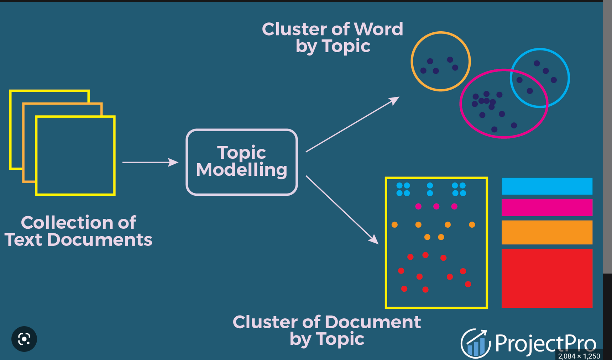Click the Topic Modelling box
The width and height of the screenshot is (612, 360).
click(x=241, y=162)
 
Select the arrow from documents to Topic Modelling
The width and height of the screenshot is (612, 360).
click(x=150, y=162)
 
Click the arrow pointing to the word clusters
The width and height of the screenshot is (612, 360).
click(x=352, y=124)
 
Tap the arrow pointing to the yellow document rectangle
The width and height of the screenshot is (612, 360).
click(x=342, y=210)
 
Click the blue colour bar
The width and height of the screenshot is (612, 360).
click(x=547, y=186)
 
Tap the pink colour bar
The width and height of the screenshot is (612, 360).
click(x=547, y=207)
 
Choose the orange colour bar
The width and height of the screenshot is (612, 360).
click(x=547, y=232)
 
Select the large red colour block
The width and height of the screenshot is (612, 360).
click(x=547, y=278)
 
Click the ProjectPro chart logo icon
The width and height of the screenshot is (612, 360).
click(x=476, y=343)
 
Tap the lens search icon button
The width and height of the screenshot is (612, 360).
click(x=24, y=339)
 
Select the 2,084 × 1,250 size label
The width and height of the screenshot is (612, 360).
click(x=579, y=356)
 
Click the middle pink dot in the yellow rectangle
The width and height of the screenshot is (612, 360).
click(x=436, y=206)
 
